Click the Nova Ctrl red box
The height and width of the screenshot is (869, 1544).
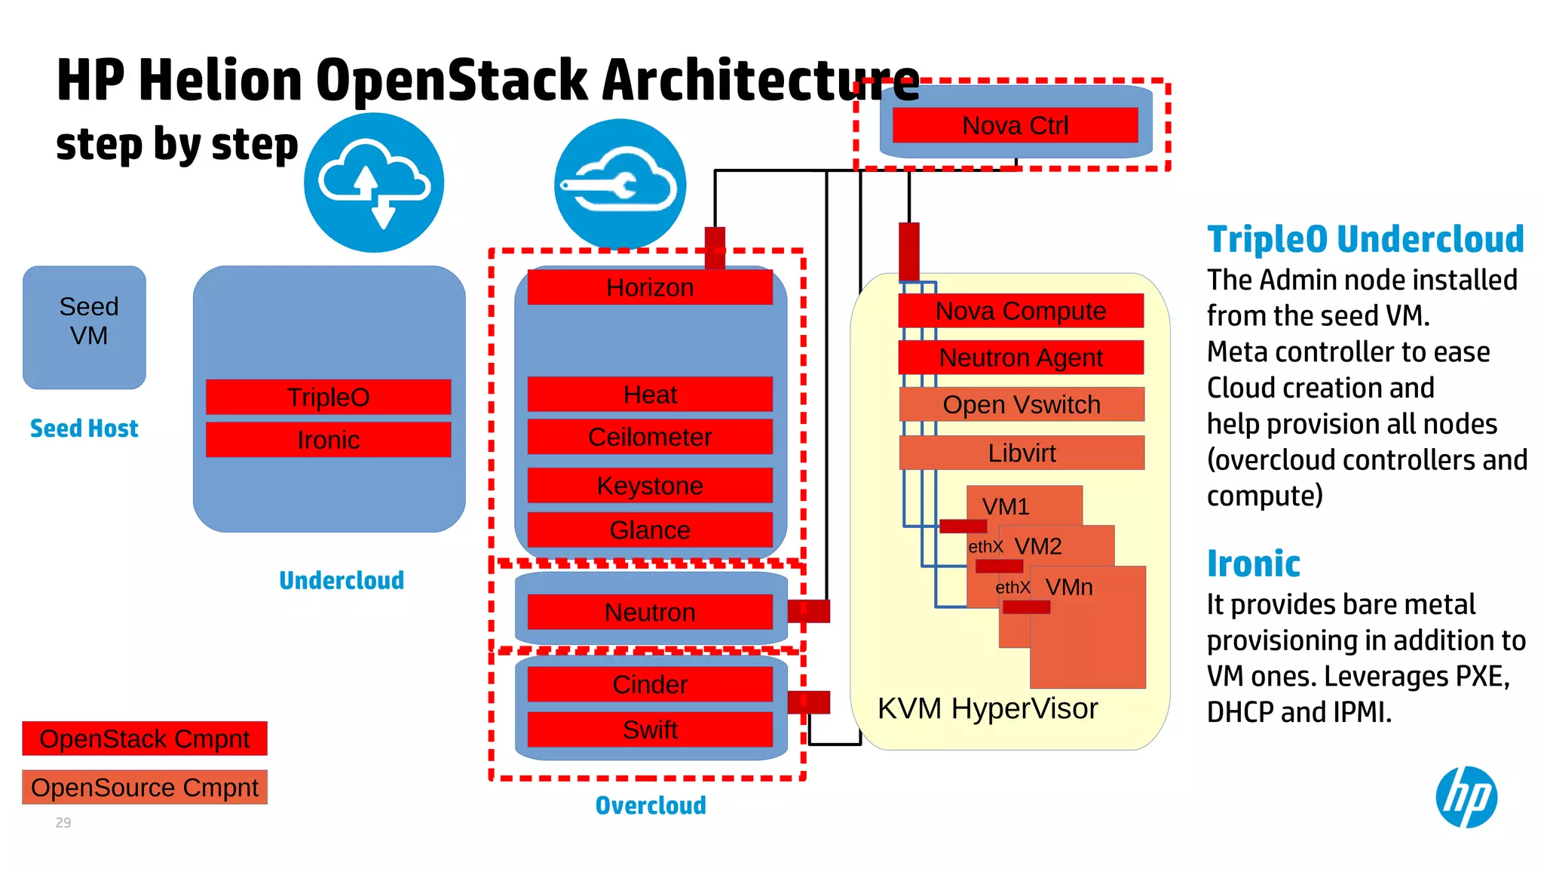(x=1015, y=125)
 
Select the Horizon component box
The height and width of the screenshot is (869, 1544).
(x=649, y=287)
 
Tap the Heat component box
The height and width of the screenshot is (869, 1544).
(x=649, y=395)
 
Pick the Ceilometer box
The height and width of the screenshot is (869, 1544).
(x=649, y=437)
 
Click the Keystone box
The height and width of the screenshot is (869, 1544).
(x=649, y=485)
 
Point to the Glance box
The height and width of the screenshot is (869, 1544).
(x=649, y=530)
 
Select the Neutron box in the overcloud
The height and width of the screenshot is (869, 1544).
(x=649, y=612)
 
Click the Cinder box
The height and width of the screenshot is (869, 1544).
(x=649, y=684)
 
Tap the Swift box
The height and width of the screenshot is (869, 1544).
(x=649, y=729)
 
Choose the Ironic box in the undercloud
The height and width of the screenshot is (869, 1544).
(x=328, y=440)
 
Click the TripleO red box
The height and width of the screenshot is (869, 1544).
(x=328, y=397)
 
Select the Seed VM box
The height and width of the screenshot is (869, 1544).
(x=84, y=327)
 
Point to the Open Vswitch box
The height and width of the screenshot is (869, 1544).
(x=1021, y=404)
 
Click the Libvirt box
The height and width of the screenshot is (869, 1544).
(x=1021, y=453)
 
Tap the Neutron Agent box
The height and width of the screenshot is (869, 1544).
(x=1021, y=358)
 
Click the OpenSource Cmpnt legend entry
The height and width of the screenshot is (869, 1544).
(x=145, y=787)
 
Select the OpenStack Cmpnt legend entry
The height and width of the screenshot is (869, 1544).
(x=145, y=738)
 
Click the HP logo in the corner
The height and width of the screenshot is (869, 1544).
(x=1466, y=797)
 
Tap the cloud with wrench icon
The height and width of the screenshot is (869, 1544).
(x=620, y=184)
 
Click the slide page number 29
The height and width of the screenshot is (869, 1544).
(x=63, y=822)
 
